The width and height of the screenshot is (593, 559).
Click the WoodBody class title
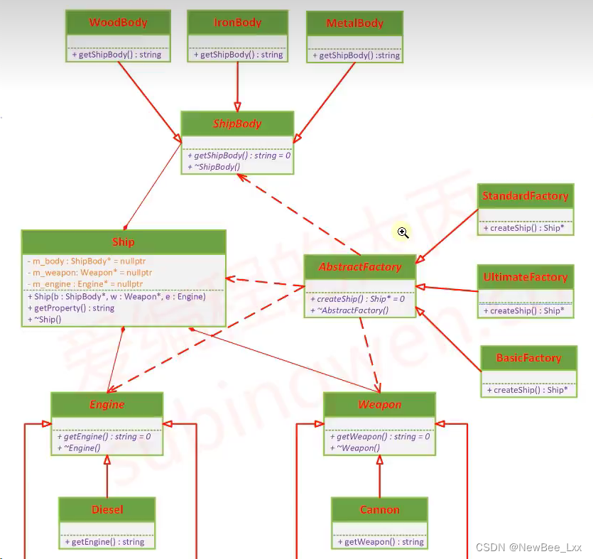tap(118, 23)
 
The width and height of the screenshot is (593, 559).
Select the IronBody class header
tap(237, 23)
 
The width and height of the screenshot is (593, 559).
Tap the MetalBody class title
tap(354, 23)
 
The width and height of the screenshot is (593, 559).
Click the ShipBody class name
tap(237, 124)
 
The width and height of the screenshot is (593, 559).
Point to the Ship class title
tap(124, 242)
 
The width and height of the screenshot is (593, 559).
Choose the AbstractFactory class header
tap(359, 267)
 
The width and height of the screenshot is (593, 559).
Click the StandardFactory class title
tap(526, 196)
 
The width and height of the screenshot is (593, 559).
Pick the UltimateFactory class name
tap(526, 277)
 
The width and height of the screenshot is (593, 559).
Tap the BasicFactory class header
tap(528, 358)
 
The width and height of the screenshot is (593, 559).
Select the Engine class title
tap(107, 405)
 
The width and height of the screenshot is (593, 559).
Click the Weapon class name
tap(379, 405)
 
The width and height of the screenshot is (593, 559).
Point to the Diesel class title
tap(107, 509)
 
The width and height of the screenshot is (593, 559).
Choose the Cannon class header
tap(379, 510)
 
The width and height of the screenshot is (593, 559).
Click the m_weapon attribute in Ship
tap(89, 273)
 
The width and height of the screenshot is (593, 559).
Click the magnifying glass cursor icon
tap(403, 232)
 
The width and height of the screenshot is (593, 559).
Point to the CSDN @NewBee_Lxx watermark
tap(528, 548)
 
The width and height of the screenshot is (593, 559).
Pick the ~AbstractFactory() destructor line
tap(349, 310)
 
